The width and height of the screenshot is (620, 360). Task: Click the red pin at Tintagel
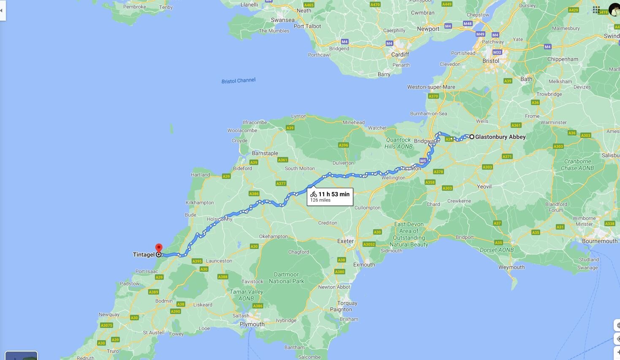coord(159,248)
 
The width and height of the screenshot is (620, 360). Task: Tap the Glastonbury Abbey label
coord(500,137)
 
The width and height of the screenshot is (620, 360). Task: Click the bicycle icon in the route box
coord(313,194)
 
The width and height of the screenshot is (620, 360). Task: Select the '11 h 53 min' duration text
coord(334,194)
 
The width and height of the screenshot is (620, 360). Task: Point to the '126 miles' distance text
coord(320,200)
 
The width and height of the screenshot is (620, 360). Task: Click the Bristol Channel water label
coord(238,81)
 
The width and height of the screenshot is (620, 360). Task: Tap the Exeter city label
coord(345,241)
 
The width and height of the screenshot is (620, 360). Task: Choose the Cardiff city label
coord(400,54)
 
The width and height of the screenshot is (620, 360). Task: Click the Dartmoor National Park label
coord(286,278)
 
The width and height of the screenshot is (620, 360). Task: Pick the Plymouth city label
coord(252,324)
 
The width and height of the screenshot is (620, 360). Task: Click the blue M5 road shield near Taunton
coord(423,161)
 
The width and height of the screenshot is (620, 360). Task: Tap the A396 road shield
coord(344,145)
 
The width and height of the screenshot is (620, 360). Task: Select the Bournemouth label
coord(599,241)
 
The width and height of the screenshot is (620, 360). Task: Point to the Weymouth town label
coord(511,267)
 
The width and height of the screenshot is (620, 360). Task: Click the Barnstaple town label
coord(265,153)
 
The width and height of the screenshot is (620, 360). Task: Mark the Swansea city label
coord(282,20)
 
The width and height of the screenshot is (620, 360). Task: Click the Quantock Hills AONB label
coord(398,143)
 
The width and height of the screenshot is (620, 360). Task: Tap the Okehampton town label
coord(273,236)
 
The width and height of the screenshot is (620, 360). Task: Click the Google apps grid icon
coord(596,9)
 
